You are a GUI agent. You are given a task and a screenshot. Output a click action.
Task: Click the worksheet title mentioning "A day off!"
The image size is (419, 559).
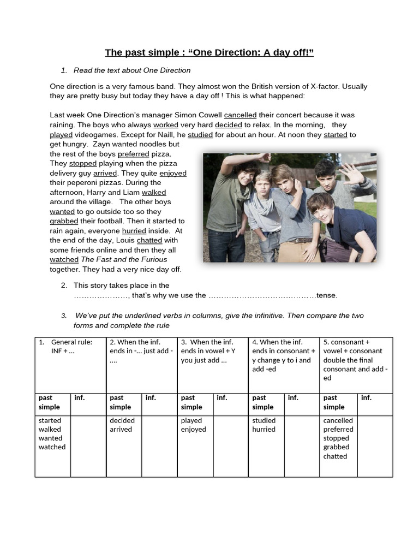[209, 52]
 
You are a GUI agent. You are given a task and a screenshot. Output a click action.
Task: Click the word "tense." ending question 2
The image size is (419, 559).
[327, 295]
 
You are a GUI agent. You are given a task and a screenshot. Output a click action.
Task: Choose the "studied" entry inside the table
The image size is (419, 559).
[264, 420]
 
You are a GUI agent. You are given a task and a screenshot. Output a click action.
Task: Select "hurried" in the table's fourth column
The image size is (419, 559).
[264, 429]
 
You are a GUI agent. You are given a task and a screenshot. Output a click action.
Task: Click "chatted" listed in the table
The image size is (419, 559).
[335, 456]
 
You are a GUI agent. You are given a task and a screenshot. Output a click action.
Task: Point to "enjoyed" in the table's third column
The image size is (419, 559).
[194, 429]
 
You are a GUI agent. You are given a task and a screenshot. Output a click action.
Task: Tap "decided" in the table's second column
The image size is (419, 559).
[122, 420]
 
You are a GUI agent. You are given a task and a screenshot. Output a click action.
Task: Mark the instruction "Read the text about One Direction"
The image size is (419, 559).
[132, 70]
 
